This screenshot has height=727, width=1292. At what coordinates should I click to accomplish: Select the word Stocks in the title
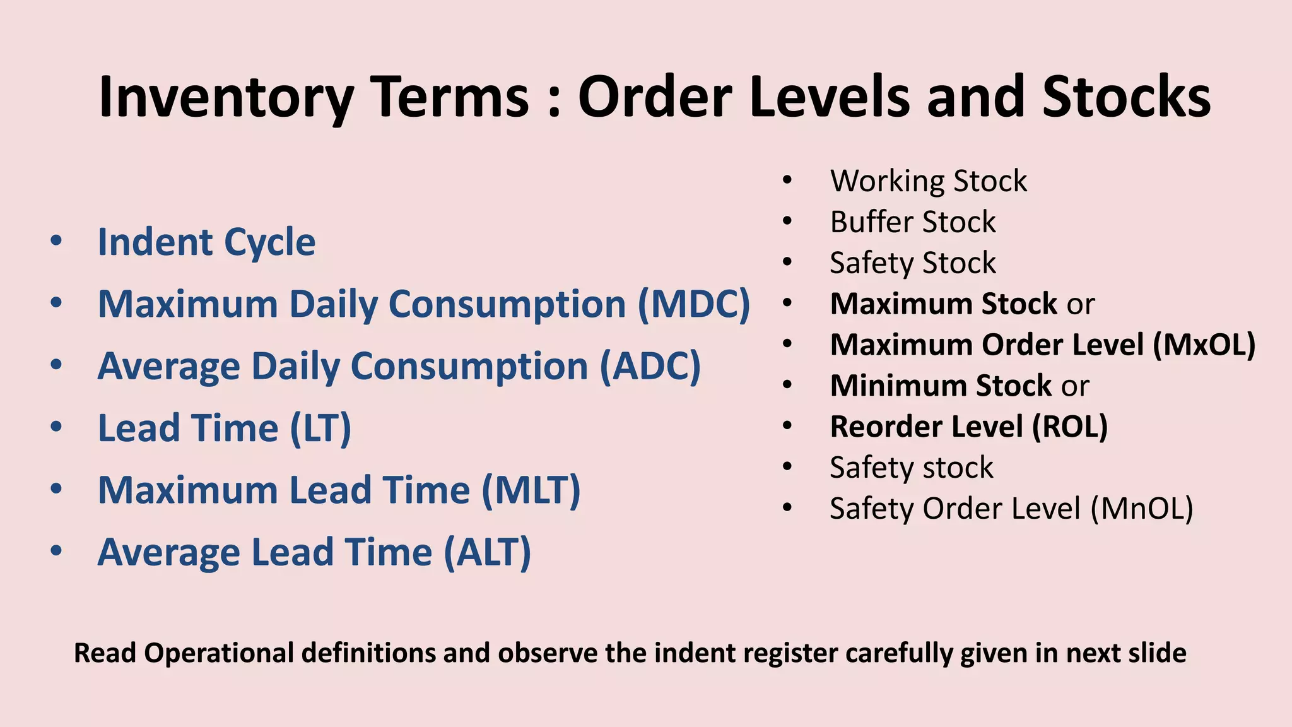(1127, 98)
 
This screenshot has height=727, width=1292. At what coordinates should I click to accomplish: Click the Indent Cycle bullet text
(206, 242)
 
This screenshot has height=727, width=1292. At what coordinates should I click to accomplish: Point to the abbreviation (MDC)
(694, 304)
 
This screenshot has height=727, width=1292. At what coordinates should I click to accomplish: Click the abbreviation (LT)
(320, 428)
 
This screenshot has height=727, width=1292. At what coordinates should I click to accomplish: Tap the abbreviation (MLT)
(531, 490)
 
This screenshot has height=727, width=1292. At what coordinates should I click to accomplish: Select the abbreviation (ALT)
(487, 552)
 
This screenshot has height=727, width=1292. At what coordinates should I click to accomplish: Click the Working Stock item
(928, 181)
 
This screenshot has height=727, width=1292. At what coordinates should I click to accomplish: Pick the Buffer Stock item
(912, 222)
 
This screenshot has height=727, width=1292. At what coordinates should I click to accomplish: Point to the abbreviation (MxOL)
(1204, 345)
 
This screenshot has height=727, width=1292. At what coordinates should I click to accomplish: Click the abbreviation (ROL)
(1070, 427)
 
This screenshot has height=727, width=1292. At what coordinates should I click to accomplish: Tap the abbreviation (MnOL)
(1142, 509)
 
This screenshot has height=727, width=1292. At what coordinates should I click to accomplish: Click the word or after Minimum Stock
(1075, 386)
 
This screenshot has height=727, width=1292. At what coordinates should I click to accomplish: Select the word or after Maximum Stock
(1081, 305)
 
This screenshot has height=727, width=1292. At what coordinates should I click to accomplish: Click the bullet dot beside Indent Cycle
(56, 241)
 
